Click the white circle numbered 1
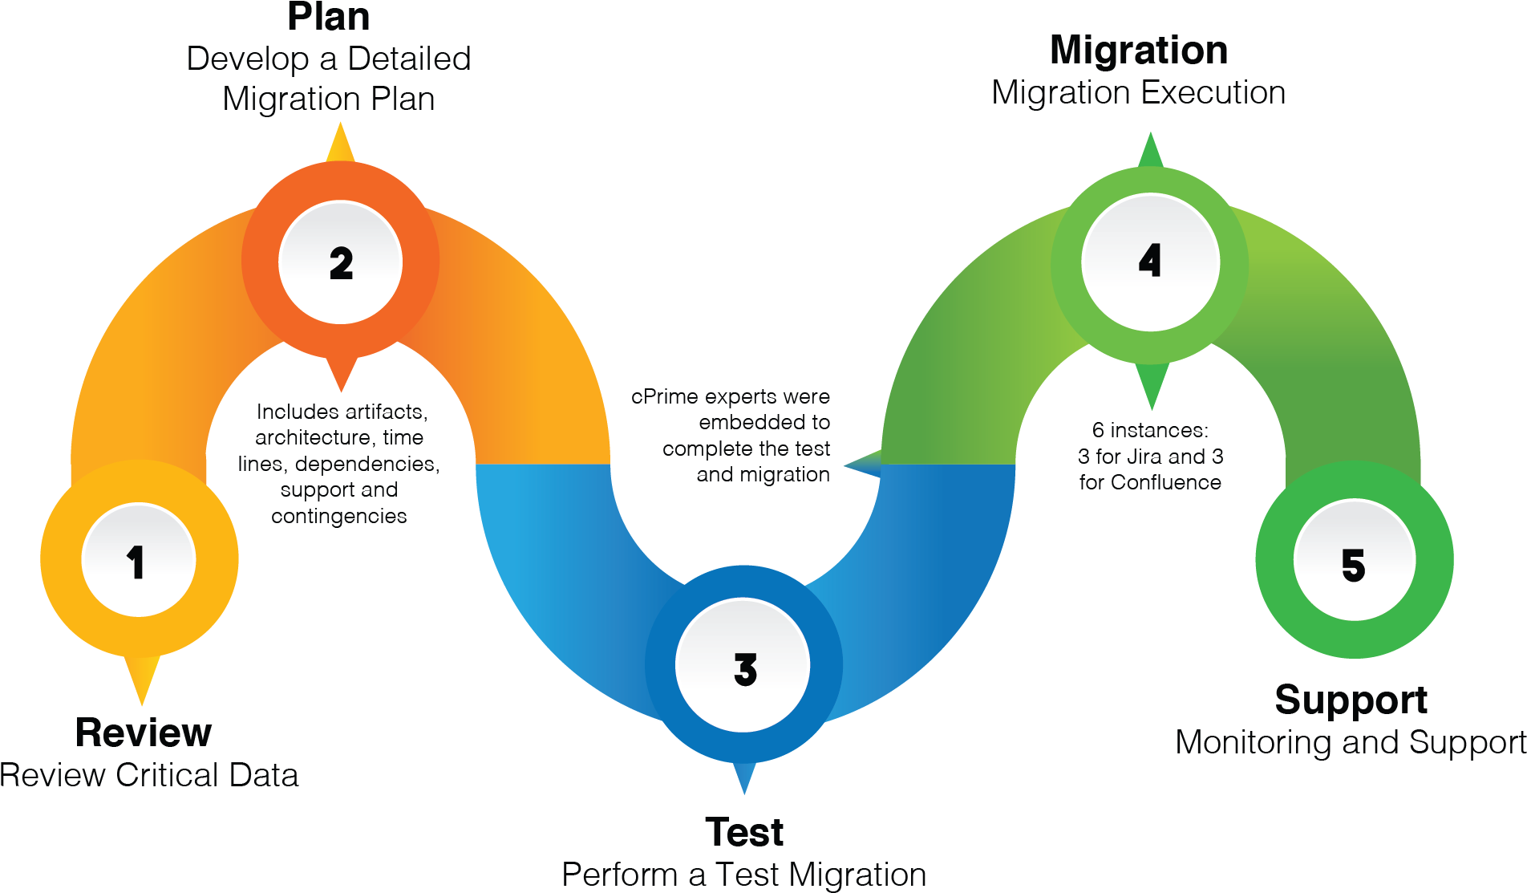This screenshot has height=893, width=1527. [139, 560]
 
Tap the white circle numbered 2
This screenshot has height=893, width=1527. [341, 262]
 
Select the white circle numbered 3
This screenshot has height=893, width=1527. [743, 665]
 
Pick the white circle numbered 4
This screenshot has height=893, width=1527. [1150, 262]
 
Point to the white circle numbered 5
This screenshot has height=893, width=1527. [1355, 560]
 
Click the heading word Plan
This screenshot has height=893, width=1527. [329, 18]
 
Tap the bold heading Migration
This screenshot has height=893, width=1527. [1139, 51]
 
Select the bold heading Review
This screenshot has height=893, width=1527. [144, 733]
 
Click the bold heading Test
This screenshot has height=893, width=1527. [745, 832]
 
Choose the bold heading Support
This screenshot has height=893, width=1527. [1352, 700]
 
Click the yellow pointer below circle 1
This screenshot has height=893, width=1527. [142, 678]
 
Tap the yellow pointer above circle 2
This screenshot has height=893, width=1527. [340, 144]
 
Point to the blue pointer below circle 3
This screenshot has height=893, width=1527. [744, 777]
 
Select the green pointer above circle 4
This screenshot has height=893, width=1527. [1151, 152]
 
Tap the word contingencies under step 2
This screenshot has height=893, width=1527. [339, 516]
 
